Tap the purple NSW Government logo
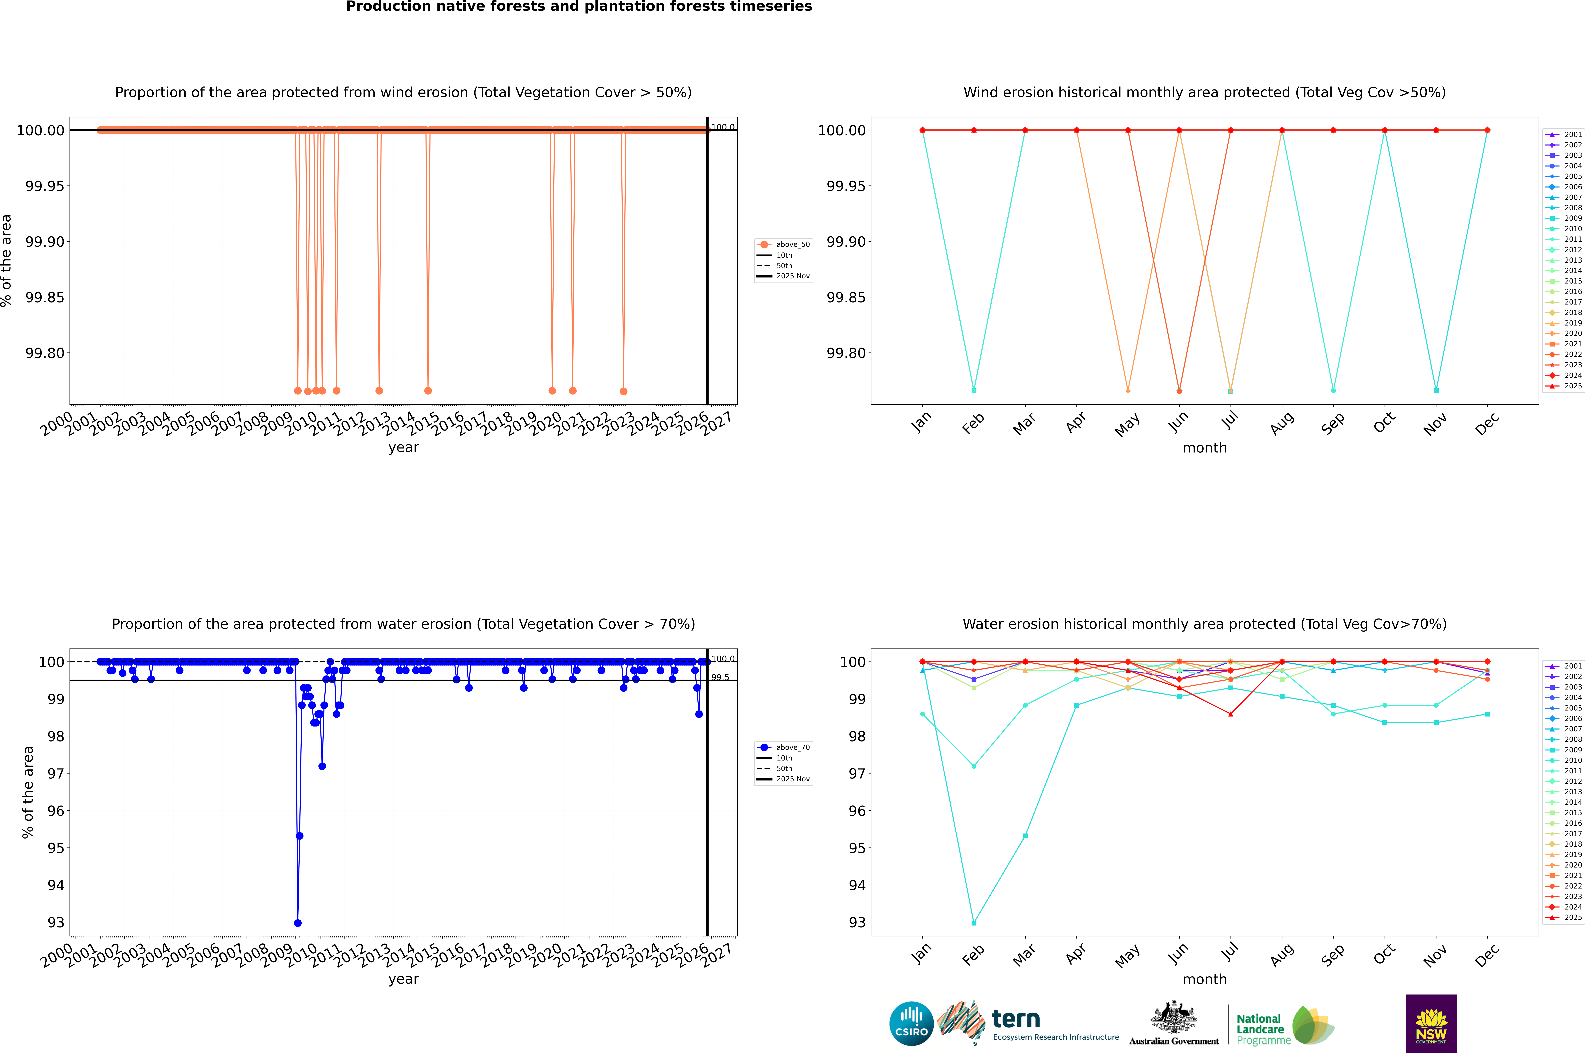1431,1023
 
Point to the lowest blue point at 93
298,923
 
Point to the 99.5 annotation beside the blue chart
720,677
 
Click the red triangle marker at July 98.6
1230,714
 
